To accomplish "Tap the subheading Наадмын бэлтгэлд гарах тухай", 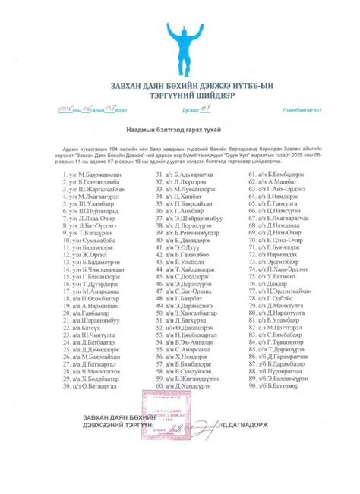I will click(179, 131).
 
